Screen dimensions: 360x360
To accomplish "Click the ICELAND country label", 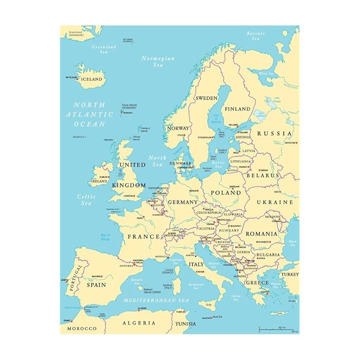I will tap(93, 80).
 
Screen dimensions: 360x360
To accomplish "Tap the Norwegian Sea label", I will tap(158, 62).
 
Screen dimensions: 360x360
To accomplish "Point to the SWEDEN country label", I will tap(206, 98).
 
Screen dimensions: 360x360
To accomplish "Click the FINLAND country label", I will tap(237, 109).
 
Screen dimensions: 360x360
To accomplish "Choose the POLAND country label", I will tap(225, 192).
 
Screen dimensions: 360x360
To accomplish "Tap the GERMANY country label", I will tap(183, 202).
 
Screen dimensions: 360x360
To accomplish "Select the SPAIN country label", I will tap(96, 284).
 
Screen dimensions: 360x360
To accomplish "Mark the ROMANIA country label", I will tap(261, 233).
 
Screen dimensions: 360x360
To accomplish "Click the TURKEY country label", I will tap(289, 275).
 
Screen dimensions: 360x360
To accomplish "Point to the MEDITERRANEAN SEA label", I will tap(155, 300).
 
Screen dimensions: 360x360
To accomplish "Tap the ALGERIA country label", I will tap(139, 323).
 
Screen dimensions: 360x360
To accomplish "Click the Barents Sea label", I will tap(256, 37).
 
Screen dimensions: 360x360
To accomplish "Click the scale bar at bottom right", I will tap(278, 329).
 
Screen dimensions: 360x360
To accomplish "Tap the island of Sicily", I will tap(208, 305).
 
